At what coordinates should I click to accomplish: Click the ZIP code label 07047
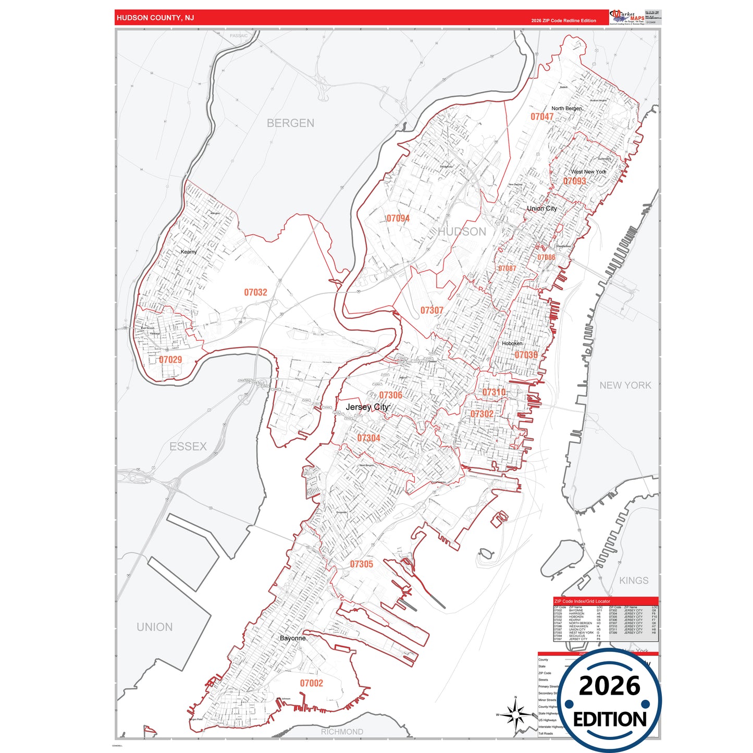[x=542, y=117]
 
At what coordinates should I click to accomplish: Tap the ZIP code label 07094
[x=398, y=218]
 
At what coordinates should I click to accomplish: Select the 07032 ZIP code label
[x=255, y=292]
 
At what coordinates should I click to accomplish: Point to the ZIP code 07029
[x=170, y=360]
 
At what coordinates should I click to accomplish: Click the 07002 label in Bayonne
[x=311, y=683]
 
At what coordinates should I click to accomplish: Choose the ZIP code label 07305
[x=361, y=564]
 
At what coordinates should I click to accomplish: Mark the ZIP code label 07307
[x=431, y=311]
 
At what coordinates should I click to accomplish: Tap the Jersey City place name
[x=367, y=407]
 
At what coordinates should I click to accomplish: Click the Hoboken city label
[x=512, y=343]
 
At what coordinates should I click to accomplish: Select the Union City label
[x=541, y=208]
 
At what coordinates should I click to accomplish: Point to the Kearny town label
[x=189, y=252]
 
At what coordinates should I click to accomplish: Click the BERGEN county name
[x=290, y=124]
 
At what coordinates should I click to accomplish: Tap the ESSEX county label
[x=188, y=447]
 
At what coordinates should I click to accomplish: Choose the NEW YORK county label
[x=625, y=386]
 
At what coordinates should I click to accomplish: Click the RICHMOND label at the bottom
[x=342, y=732]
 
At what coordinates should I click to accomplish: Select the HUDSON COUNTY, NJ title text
[x=155, y=18]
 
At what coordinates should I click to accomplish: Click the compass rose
[x=515, y=715]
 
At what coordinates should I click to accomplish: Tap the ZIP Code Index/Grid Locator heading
[x=582, y=601]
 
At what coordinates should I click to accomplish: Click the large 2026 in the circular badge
[x=609, y=686]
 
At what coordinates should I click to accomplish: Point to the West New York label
[x=588, y=171]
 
